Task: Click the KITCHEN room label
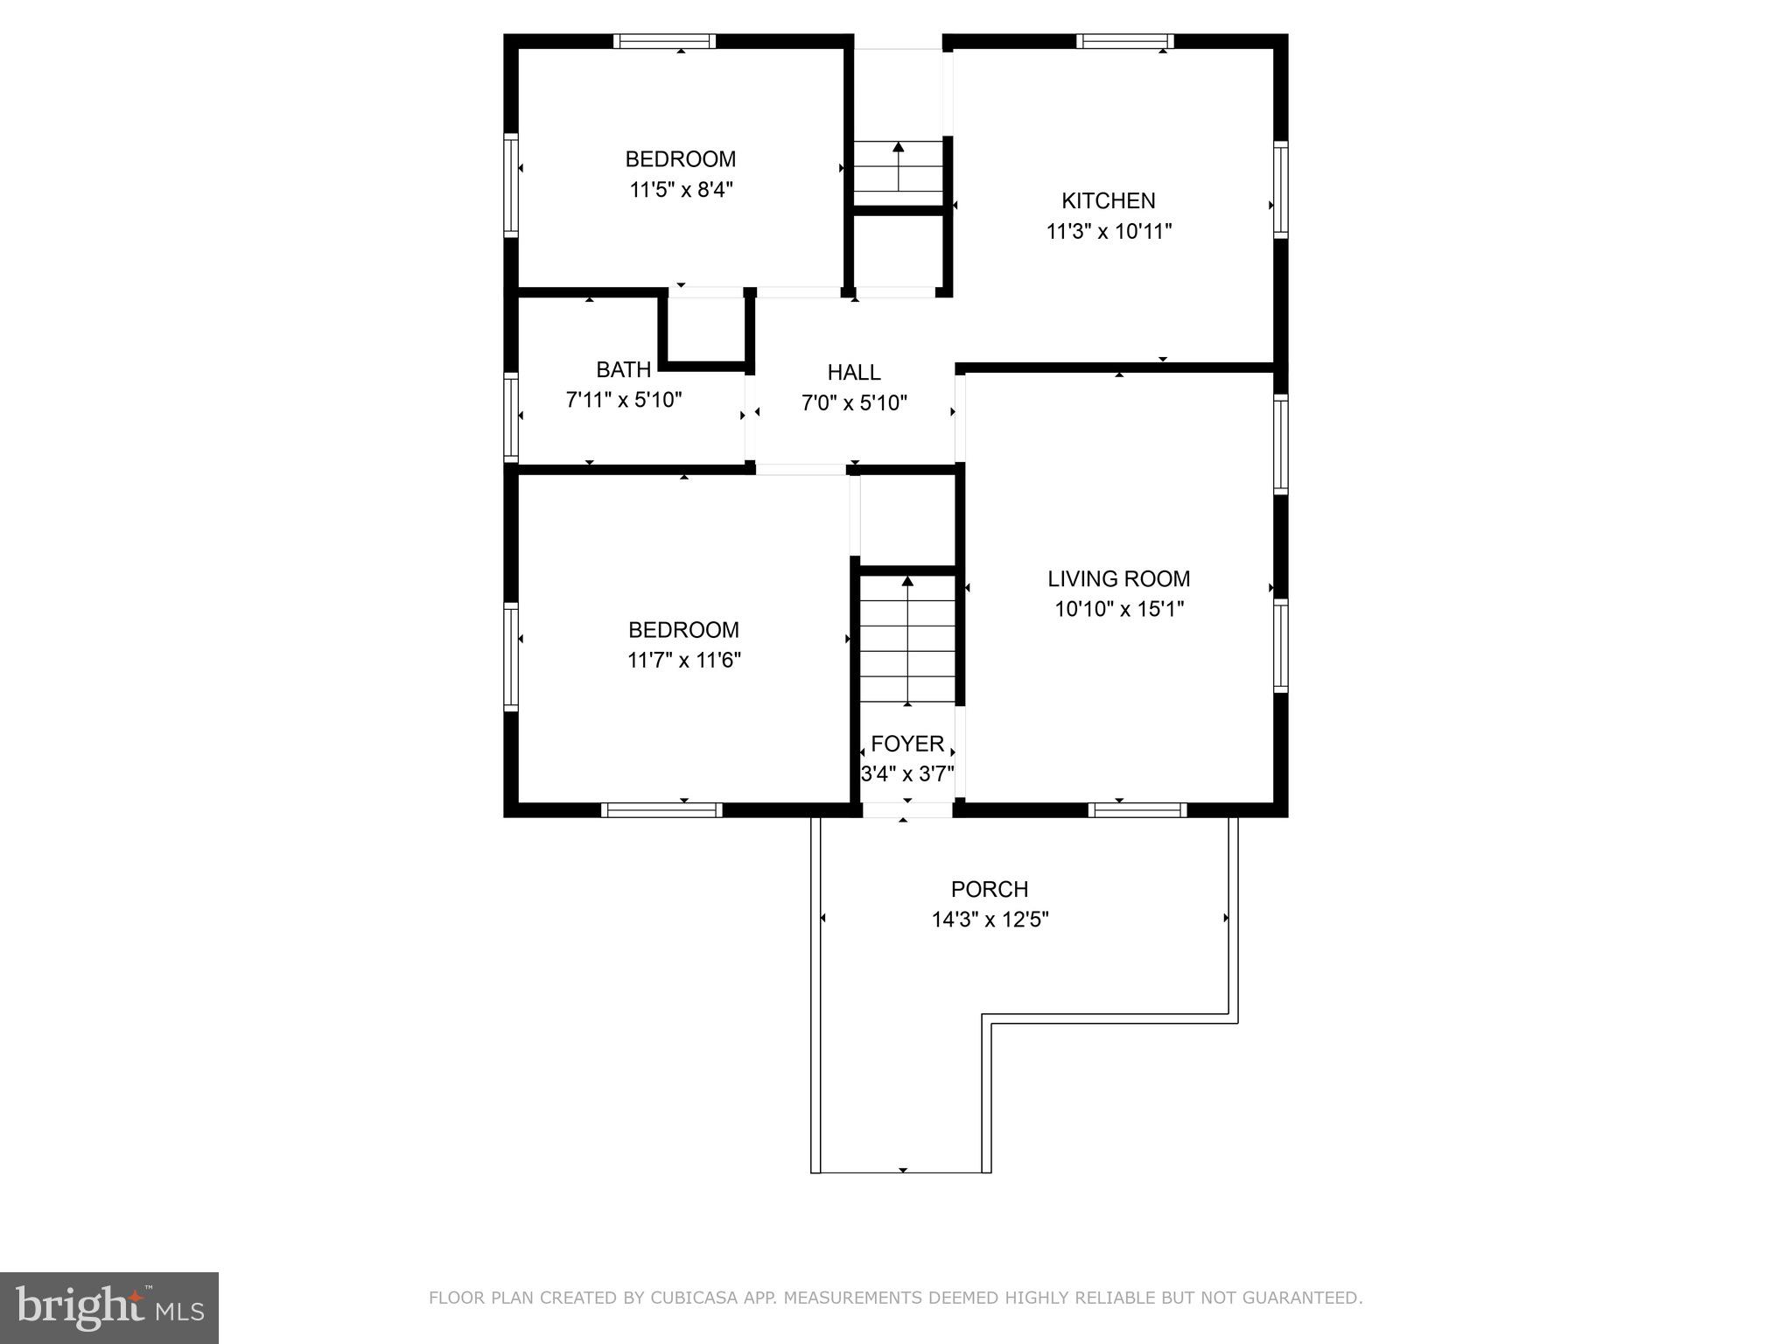click(x=1108, y=200)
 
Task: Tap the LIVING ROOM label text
click(x=1118, y=578)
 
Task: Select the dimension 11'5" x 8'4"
click(x=681, y=190)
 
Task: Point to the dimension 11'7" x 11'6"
click(x=683, y=661)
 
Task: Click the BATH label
click(x=623, y=369)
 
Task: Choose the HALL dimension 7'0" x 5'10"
click(x=854, y=403)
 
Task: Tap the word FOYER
click(x=907, y=744)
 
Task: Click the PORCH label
click(x=989, y=889)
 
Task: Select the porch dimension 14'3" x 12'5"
click(x=990, y=920)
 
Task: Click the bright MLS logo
click(x=108, y=1307)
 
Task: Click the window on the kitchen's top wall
click(x=1124, y=41)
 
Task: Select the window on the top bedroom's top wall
click(x=664, y=41)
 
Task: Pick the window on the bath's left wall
click(x=511, y=417)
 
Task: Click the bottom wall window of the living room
click(x=1136, y=810)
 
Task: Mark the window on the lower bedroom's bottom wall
click(x=662, y=810)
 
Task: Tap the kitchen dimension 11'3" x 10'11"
click(x=1109, y=232)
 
